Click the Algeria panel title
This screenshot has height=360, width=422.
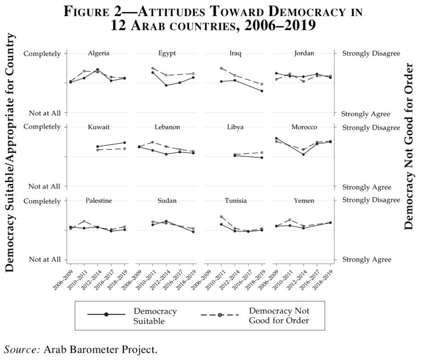[x=98, y=53]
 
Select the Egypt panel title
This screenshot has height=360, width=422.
[x=166, y=53]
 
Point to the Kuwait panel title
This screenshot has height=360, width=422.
[x=98, y=127]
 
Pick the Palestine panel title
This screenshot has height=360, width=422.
[x=98, y=201]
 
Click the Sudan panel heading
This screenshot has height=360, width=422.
[x=166, y=201]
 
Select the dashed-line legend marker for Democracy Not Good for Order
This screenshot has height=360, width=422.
[x=221, y=314]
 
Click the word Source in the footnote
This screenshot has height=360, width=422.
[x=21, y=349]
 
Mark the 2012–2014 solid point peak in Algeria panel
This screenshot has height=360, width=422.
[x=98, y=70]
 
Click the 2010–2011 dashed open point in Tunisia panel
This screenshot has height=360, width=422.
[x=221, y=217]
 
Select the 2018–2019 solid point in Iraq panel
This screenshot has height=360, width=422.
[x=262, y=91]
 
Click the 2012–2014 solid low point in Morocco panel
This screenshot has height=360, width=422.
[x=303, y=154]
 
